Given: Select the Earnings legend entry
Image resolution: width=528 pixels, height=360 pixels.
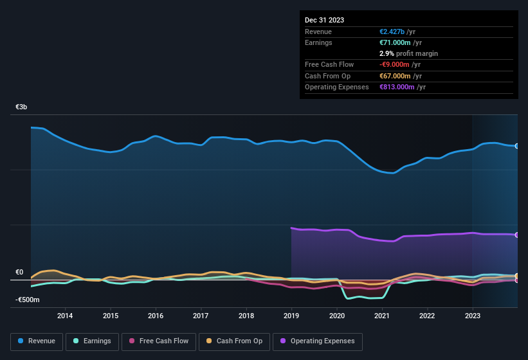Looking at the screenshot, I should click(x=91, y=341).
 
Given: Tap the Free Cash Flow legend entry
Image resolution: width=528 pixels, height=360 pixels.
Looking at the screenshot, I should click(x=158, y=341).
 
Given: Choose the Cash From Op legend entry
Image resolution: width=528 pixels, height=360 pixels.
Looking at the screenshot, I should click(x=235, y=341).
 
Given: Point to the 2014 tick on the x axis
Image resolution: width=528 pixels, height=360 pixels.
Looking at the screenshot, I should click(x=65, y=316).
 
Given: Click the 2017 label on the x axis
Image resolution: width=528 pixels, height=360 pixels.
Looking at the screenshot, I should click(x=201, y=316).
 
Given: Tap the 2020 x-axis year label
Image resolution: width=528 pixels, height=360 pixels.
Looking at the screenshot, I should click(x=336, y=316).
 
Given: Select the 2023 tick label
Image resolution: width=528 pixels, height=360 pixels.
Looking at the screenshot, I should click(x=472, y=316).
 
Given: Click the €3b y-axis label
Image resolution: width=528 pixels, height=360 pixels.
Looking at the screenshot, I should click(x=22, y=107).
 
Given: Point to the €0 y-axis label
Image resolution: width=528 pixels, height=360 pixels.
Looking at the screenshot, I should click(x=19, y=273).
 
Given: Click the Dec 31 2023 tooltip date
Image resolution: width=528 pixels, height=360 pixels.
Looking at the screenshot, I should click(x=324, y=20).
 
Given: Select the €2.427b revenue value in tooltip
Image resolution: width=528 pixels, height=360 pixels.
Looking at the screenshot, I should click(x=393, y=32).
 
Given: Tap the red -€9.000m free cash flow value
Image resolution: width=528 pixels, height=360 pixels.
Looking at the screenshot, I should click(x=394, y=64).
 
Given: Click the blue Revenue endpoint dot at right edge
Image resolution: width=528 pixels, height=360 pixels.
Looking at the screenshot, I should click(x=517, y=146).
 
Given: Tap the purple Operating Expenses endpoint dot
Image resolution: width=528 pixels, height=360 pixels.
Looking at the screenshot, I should click(x=517, y=235).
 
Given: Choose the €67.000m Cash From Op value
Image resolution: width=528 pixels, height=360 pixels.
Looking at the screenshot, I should click(x=394, y=76).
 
